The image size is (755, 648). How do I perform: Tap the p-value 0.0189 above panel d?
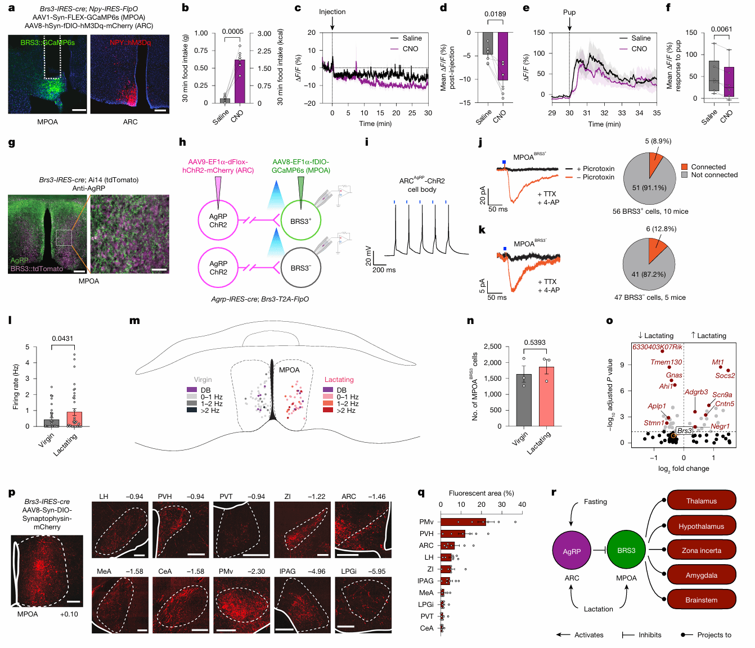495,14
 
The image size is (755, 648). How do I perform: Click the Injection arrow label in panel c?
332,12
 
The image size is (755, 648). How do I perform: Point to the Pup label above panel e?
569,12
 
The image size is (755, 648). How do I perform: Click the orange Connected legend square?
684,167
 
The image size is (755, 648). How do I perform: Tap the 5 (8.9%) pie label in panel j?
658,141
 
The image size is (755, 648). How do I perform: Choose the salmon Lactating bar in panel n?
546,396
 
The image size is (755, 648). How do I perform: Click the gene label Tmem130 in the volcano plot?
666,362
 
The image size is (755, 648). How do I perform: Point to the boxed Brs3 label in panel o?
684,431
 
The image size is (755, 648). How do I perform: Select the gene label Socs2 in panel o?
725,376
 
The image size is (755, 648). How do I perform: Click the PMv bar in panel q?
463,522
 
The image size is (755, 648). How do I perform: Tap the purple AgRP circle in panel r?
572,551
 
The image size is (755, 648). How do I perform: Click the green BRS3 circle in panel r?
626,551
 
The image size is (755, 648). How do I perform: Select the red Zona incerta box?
701,551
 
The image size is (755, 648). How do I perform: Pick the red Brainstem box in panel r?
701,600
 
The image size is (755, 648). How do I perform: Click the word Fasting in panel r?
595,502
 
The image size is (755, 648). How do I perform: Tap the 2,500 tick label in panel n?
492,346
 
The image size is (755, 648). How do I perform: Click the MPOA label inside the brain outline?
289,370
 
